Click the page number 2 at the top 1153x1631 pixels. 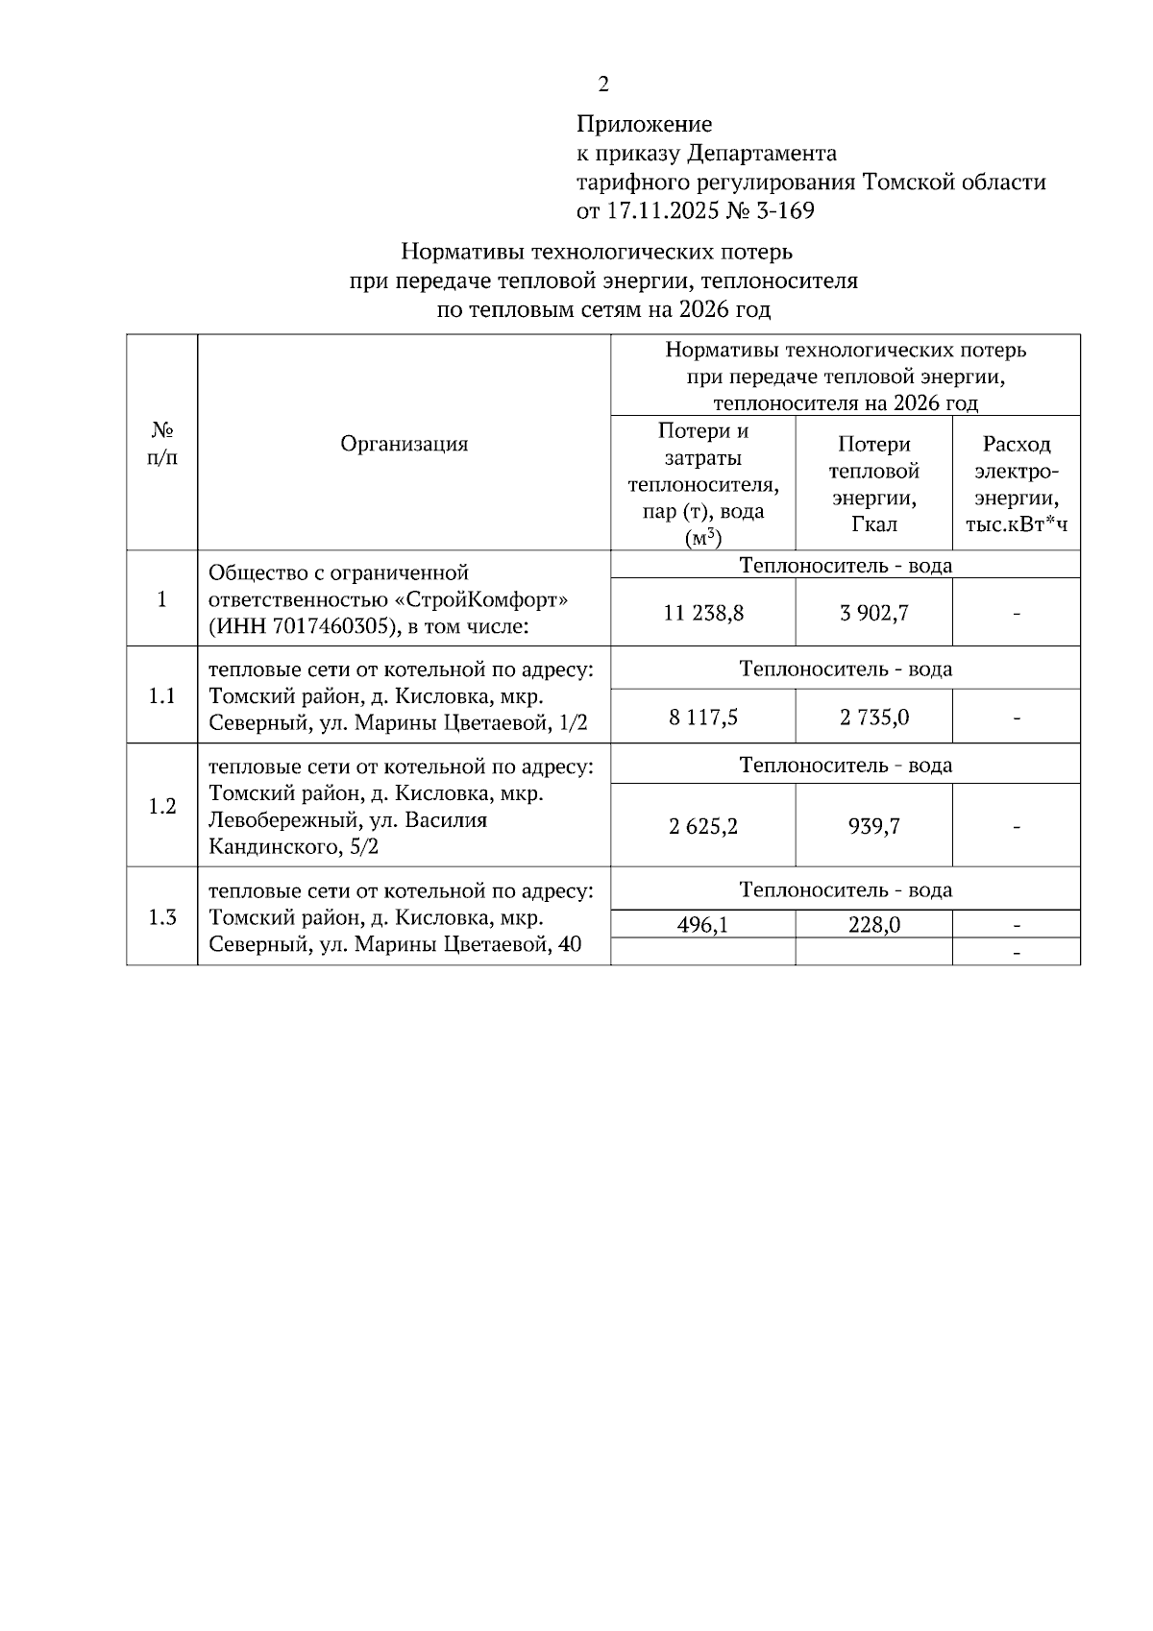point(603,85)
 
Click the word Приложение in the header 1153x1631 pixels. point(644,125)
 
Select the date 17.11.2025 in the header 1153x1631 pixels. point(661,211)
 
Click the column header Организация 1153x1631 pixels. point(405,444)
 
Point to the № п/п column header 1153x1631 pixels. point(161,444)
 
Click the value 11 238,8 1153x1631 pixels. point(703,613)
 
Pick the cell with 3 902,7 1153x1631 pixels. point(873,613)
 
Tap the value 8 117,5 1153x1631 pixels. point(703,718)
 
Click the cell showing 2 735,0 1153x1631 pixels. point(873,718)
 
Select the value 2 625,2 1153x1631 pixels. point(703,826)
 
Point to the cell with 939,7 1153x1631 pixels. point(873,826)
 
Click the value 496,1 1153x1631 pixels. point(703,925)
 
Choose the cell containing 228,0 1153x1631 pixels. point(873,925)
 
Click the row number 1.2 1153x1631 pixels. point(161,807)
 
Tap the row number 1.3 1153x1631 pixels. point(161,917)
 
